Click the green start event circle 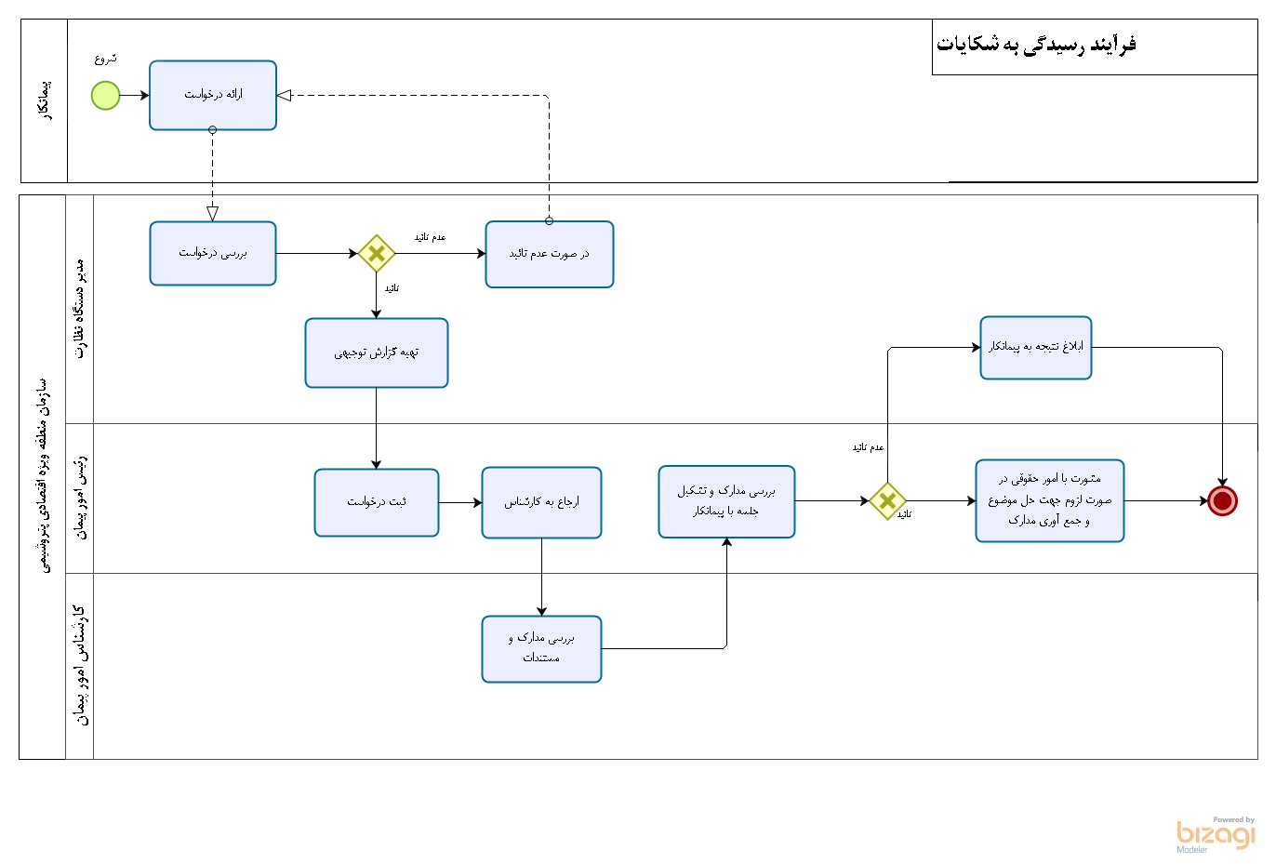[106, 95]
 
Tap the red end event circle [1222, 500]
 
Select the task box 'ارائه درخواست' [213, 95]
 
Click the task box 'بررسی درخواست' [213, 253]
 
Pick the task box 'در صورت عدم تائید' [549, 254]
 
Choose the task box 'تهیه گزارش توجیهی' [377, 352]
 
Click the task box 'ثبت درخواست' [377, 502]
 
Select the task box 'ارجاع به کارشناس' [541, 502]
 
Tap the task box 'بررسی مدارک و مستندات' [541, 648]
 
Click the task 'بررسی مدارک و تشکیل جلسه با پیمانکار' [726, 501]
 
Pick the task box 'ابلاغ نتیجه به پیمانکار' [1035, 347]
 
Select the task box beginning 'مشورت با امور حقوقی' [1049, 500]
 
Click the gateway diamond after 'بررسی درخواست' [377, 253]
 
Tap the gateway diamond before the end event [887, 500]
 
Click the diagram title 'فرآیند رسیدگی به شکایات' [1036, 45]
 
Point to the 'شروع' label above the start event [106, 59]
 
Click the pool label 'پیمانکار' [45, 100]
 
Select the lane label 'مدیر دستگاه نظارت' [80, 309]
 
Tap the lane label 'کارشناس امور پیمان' [80, 665]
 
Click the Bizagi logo [1216, 834]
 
